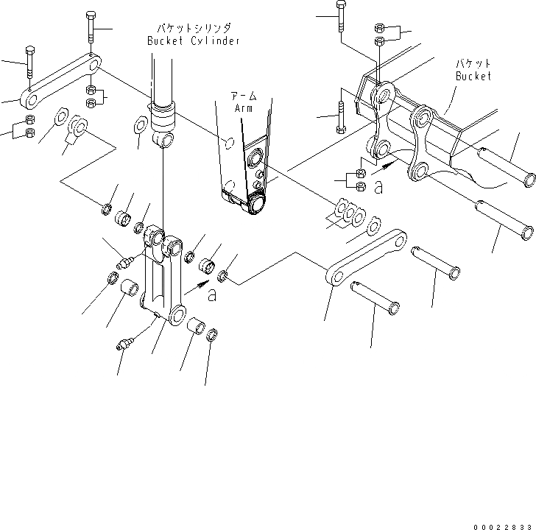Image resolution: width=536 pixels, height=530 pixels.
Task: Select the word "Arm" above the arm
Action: tap(243, 108)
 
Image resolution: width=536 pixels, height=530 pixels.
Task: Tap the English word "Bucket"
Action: tap(471, 76)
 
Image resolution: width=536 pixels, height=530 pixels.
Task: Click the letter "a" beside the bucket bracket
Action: tap(378, 188)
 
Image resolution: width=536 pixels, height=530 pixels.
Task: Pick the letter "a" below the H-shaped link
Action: tap(213, 295)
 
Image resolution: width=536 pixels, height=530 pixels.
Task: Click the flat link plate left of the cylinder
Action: tap(61, 78)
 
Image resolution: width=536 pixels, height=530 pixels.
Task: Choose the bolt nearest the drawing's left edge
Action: tap(29, 62)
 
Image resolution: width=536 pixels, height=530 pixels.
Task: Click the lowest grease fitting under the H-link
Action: tap(126, 344)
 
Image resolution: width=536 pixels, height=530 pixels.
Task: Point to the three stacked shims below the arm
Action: tap(348, 213)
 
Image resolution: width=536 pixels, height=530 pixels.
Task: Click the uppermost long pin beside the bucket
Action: tap(507, 166)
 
